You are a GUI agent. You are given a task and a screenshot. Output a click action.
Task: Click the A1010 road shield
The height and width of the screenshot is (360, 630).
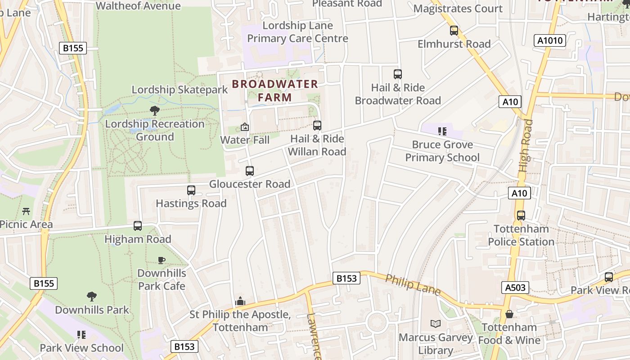[x=550, y=40]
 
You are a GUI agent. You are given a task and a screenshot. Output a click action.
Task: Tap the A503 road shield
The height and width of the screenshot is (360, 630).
[x=515, y=288]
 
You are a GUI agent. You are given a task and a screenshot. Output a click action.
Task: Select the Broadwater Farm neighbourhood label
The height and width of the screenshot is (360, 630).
[x=275, y=90]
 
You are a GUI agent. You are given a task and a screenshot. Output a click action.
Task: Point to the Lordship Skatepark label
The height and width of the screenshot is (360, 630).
[x=180, y=90]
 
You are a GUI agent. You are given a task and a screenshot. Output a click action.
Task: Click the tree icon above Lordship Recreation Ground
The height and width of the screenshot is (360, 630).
[x=155, y=110]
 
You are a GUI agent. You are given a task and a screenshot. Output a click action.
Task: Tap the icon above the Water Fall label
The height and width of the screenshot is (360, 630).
[x=245, y=127]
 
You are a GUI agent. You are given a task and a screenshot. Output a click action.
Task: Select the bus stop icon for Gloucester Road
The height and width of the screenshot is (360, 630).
[x=250, y=171]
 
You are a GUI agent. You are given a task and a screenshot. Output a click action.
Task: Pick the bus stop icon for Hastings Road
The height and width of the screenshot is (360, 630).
[x=191, y=190]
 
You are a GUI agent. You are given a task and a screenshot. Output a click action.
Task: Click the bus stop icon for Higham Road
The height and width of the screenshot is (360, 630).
[x=138, y=226]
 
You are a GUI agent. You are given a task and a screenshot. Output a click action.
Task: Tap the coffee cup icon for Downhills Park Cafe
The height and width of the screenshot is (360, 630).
[x=162, y=260]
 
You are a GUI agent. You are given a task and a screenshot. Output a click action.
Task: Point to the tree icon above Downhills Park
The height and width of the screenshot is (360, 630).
[x=92, y=297]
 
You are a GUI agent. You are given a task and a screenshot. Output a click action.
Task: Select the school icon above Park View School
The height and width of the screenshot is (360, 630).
[x=81, y=334]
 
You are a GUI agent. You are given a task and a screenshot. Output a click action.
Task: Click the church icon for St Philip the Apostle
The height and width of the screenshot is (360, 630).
[x=240, y=301]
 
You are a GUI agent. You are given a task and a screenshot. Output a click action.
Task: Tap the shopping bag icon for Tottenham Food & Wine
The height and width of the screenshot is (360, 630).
[x=509, y=314]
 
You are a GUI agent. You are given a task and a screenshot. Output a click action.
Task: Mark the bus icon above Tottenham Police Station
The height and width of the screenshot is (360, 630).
[x=521, y=216]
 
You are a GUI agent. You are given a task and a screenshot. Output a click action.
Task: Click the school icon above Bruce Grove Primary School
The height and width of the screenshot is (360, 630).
[x=442, y=131]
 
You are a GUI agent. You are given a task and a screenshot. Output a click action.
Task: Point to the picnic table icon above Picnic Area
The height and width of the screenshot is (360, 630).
[x=26, y=211]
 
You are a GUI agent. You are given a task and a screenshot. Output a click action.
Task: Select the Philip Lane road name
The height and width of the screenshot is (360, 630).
[x=413, y=285]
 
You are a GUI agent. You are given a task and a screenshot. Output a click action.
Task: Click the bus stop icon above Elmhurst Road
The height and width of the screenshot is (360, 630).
[x=454, y=31]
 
